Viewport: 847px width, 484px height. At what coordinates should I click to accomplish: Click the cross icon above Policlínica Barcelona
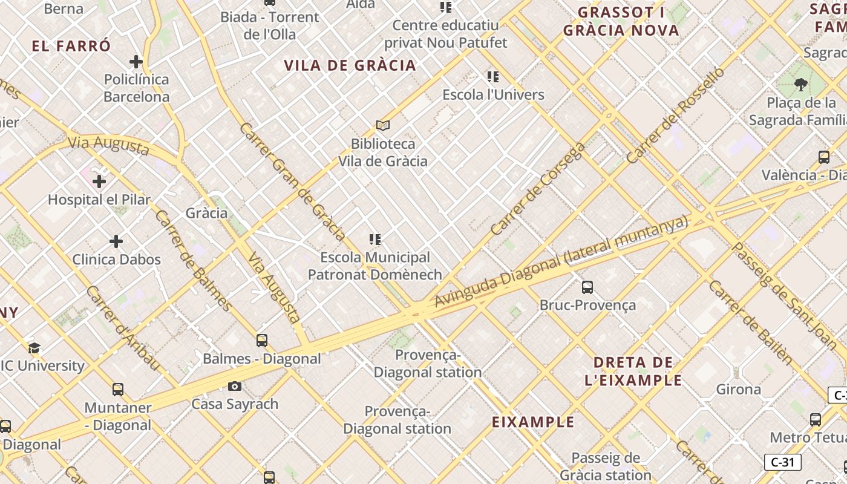coord(136,61)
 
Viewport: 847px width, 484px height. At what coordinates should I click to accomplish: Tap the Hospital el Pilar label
coord(99,199)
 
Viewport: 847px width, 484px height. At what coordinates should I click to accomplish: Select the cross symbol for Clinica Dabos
coord(116,241)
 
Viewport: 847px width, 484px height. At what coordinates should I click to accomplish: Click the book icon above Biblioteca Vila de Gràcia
coord(382,125)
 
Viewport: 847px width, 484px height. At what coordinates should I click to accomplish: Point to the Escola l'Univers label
coord(493,95)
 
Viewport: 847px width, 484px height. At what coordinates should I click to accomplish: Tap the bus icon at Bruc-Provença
coord(587,287)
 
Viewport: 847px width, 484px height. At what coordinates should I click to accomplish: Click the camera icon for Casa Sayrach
coord(235,386)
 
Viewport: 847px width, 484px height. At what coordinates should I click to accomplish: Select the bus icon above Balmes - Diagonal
coord(261,340)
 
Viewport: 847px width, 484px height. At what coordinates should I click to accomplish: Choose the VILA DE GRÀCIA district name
coord(350,65)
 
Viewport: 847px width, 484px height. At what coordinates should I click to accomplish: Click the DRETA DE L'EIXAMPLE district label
coord(633,371)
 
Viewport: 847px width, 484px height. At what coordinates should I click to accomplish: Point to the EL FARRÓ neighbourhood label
coord(71,46)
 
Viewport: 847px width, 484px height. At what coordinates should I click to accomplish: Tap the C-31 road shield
coord(782,462)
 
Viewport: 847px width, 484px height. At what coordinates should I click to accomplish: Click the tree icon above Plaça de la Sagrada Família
coord(801,84)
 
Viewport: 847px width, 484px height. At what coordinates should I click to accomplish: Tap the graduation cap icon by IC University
coord(34,348)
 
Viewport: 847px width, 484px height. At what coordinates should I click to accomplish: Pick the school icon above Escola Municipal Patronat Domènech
coord(375,240)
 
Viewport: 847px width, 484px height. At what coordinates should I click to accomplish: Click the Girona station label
coord(738,389)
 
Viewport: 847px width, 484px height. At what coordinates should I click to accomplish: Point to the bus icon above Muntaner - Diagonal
coord(118,389)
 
